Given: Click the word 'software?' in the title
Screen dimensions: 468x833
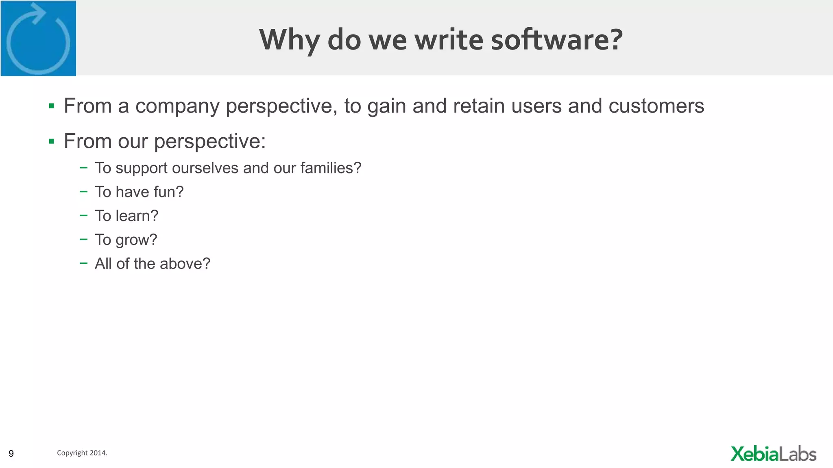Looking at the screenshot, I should click(557, 39).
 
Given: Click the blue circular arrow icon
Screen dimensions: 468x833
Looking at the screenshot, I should click(38, 38).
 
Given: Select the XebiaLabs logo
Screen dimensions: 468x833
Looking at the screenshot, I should click(773, 454).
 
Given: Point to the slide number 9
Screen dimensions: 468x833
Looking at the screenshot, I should click(11, 453).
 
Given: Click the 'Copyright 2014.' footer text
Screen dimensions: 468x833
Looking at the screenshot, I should click(82, 453).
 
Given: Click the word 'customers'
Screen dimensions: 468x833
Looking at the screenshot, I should click(656, 106).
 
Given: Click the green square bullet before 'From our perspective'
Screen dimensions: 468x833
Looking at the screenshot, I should click(52, 141).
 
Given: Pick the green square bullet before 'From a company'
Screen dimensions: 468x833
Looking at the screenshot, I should click(52, 106).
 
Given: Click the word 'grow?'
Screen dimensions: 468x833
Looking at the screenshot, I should click(136, 240).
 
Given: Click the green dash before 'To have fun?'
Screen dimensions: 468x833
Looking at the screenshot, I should click(84, 191).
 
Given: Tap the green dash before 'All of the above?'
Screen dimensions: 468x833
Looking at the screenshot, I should click(84, 263).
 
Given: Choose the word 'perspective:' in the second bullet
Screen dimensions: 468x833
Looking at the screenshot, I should click(210, 142).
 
